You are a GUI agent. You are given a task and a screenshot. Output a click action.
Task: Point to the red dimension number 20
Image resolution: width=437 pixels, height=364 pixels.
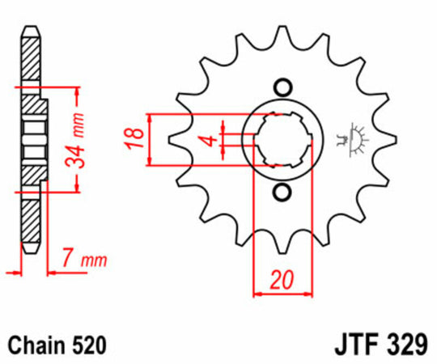tap(282, 280)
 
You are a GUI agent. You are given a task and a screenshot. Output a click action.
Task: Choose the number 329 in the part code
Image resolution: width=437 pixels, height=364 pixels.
tap(404, 346)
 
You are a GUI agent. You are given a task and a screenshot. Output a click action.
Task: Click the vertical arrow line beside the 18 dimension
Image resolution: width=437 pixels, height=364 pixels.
tap(150, 140)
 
